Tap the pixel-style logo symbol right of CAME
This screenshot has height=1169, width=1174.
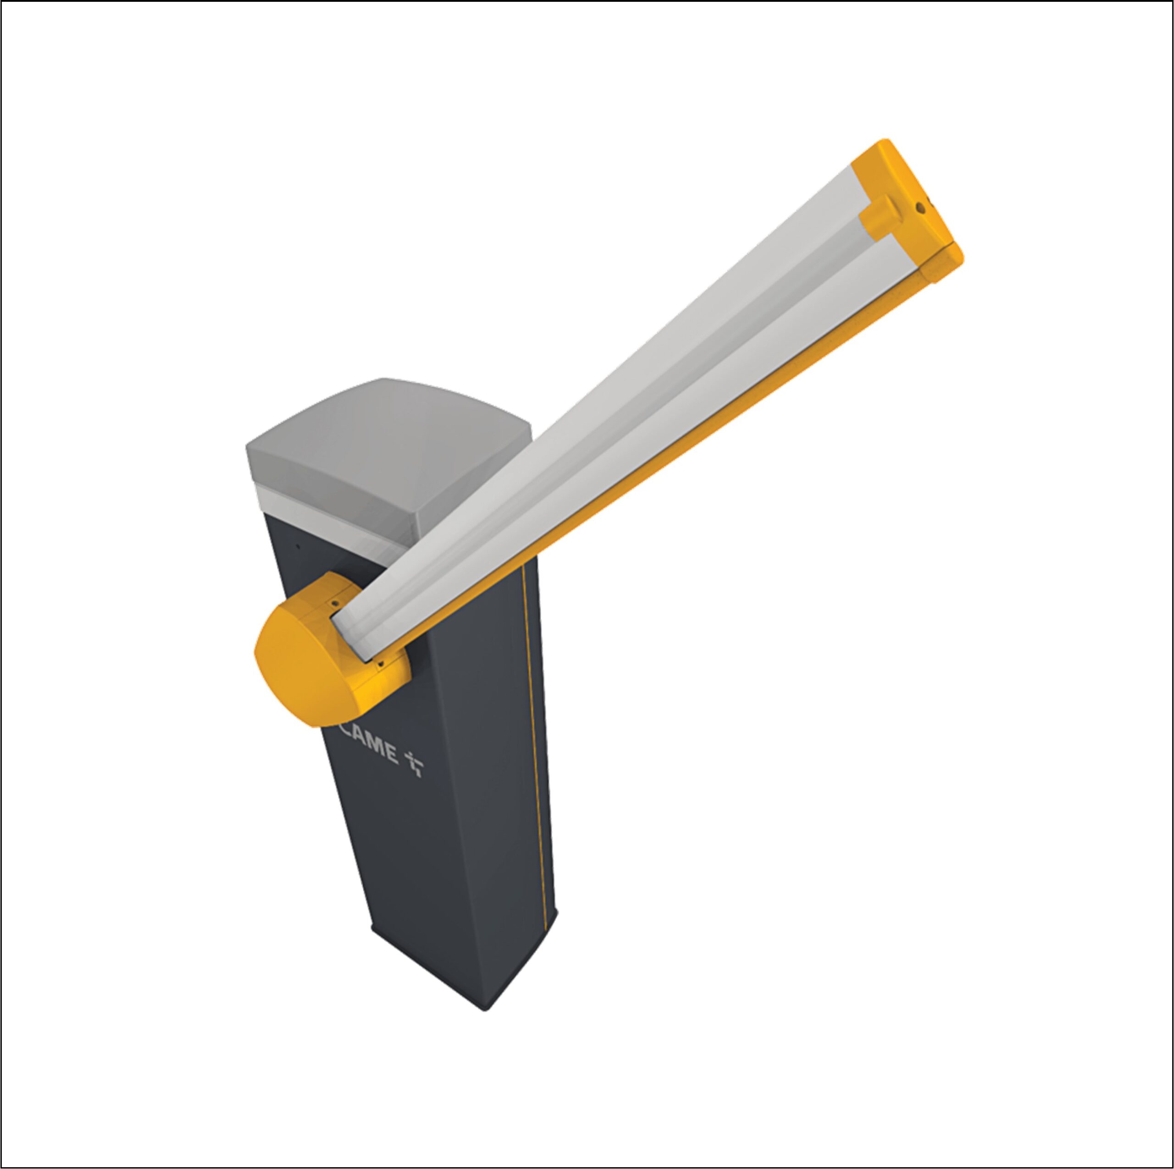coord(415,764)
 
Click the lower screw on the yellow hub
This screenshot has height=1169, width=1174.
coord(380,664)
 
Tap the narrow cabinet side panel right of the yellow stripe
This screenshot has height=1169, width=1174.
coord(544,790)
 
